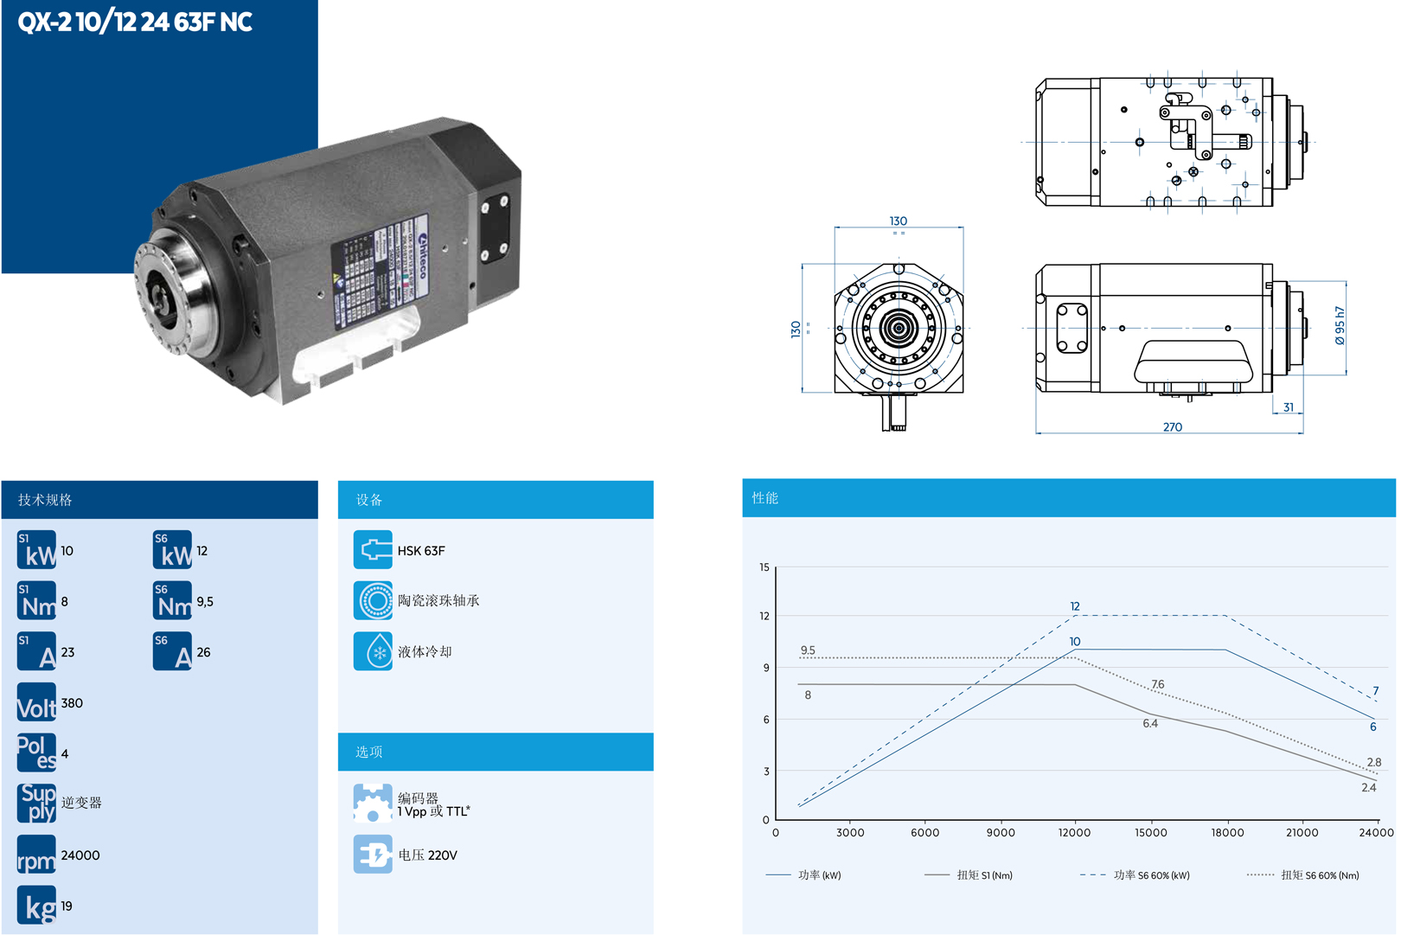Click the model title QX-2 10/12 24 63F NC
pos(135,22)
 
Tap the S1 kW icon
pos(36,550)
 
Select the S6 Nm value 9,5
pos(205,602)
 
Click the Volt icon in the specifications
pos(36,703)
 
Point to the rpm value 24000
pos(80,855)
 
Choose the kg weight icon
pos(36,906)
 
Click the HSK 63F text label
pos(421,551)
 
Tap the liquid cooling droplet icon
pos(373,651)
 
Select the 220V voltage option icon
pos(373,855)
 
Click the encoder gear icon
pos(373,804)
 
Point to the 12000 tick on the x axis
pos(1074,833)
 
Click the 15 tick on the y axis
pos(764,567)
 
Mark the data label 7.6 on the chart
pos(1158,684)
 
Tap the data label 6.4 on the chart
pos(1150,724)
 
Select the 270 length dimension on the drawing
pos(1173,427)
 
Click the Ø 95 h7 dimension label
pos(1340,326)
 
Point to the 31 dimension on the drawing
pos(1289,407)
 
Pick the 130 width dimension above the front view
pos(899,221)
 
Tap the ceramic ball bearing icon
pos(373,600)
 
